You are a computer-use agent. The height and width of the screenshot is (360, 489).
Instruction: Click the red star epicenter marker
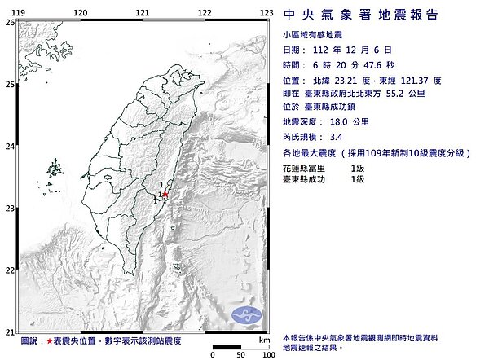[x=165, y=194]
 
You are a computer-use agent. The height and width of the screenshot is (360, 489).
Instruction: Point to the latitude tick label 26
[x=8, y=23]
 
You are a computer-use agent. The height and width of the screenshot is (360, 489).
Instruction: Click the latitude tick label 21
[x=8, y=331]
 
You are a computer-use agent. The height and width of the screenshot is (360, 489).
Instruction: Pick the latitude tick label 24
[x=8, y=147]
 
